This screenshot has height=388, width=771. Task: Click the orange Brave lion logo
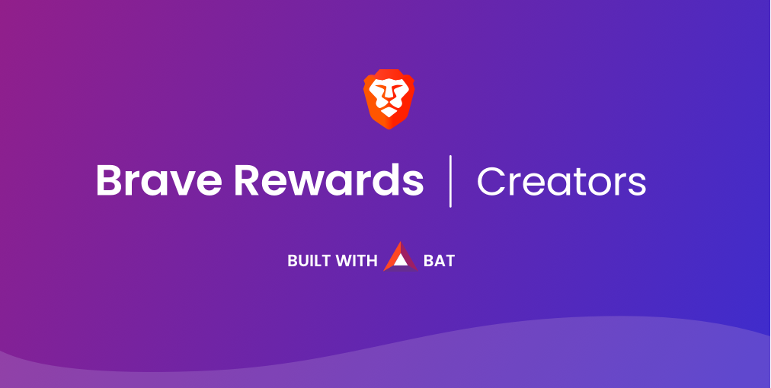tap(389, 99)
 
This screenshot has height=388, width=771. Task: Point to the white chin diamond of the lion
tap(389, 112)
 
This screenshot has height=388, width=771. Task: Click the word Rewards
tap(328, 180)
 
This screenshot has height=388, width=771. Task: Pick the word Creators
tap(561, 181)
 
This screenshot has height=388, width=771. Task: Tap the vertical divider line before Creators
tap(450, 181)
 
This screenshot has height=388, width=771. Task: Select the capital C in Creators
tap(491, 181)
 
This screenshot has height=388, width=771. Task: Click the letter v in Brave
tap(181, 184)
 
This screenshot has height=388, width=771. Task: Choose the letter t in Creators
tap(581, 183)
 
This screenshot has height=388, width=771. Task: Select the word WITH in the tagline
tap(357, 261)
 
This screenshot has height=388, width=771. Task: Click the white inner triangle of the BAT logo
tap(401, 261)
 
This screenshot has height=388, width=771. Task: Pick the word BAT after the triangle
tap(439, 261)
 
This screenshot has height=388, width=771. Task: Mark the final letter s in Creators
tap(637, 185)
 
